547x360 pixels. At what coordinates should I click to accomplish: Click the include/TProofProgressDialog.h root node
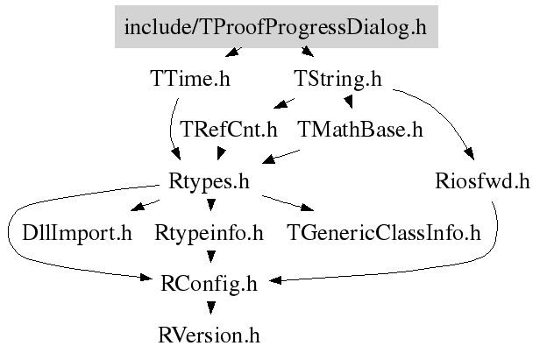[x=276, y=26]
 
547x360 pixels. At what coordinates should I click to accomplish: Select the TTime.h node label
[x=190, y=79]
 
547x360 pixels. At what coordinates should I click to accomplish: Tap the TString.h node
[x=337, y=79]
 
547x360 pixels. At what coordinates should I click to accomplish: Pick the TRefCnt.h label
[x=229, y=130]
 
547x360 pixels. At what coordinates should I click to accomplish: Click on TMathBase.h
[x=360, y=130]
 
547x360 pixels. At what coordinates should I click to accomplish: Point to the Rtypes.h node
[x=209, y=181]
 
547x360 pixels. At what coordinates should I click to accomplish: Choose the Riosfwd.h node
[x=482, y=181]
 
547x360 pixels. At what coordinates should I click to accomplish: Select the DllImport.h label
[x=77, y=233]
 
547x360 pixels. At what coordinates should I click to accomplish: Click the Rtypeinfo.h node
[x=209, y=233]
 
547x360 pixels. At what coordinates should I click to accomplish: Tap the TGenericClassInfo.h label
[x=384, y=233]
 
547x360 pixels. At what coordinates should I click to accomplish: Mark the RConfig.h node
[x=209, y=284]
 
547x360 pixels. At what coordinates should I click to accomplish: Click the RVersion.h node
[x=209, y=335]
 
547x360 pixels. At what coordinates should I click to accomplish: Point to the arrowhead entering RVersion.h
[x=210, y=308]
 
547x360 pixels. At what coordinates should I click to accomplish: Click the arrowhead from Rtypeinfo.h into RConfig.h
[x=210, y=257]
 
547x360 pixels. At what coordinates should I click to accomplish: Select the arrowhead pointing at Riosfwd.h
[x=470, y=153]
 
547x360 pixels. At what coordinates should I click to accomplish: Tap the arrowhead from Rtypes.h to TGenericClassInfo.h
[x=308, y=208]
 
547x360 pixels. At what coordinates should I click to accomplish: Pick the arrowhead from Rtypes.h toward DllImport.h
[x=137, y=207]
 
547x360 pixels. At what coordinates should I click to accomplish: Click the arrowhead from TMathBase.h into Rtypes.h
[x=268, y=159]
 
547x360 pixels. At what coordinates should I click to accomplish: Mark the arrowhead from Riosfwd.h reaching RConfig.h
[x=275, y=280]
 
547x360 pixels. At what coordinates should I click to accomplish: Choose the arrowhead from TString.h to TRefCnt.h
[x=280, y=104]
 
